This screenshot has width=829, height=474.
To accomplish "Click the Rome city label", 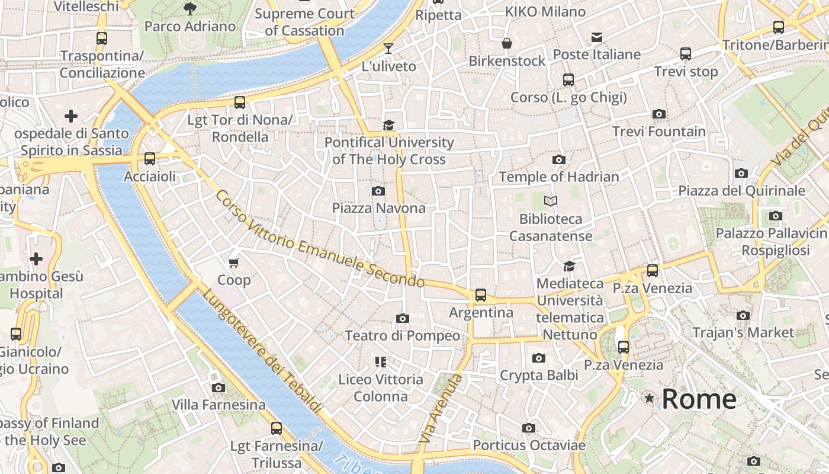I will coord(699,399).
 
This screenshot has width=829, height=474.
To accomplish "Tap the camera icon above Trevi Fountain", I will coord(658,114).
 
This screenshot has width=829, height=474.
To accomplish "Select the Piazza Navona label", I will coord(378,208).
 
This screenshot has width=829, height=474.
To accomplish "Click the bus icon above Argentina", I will coord(481,294).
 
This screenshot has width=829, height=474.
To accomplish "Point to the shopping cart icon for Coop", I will coord(234,262).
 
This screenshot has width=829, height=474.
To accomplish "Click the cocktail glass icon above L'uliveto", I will coord(388,49).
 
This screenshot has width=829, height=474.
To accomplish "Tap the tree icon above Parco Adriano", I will coord(190,9).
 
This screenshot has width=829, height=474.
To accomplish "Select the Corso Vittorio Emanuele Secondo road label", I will coord(320,239).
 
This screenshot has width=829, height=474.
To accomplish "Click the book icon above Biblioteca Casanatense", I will coord(551,201).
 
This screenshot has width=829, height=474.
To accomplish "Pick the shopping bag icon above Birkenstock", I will coord(507,43).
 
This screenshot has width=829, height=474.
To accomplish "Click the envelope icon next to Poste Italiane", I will coord(597,38).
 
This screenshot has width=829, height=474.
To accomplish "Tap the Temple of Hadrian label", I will coord(558,177).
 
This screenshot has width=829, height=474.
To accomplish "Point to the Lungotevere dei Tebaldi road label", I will coord(262,352).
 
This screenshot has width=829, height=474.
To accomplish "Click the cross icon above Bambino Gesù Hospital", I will coord(36,259).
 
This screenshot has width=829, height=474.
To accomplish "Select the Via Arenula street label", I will coord(439,409).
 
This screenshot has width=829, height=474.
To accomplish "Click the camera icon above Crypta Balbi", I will coord(538,358).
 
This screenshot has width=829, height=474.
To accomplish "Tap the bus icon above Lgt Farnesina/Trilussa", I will coord(276,428).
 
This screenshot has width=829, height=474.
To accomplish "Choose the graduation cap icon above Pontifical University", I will coord(388,125).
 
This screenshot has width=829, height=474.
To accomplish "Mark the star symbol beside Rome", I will coord(650,399).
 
